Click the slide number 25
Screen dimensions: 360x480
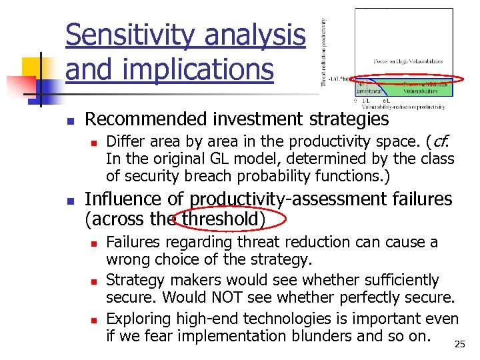459,345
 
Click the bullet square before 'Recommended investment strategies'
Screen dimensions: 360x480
70,121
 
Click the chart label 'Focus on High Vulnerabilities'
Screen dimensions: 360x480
407,61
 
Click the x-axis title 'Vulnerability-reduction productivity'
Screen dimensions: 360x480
403,107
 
